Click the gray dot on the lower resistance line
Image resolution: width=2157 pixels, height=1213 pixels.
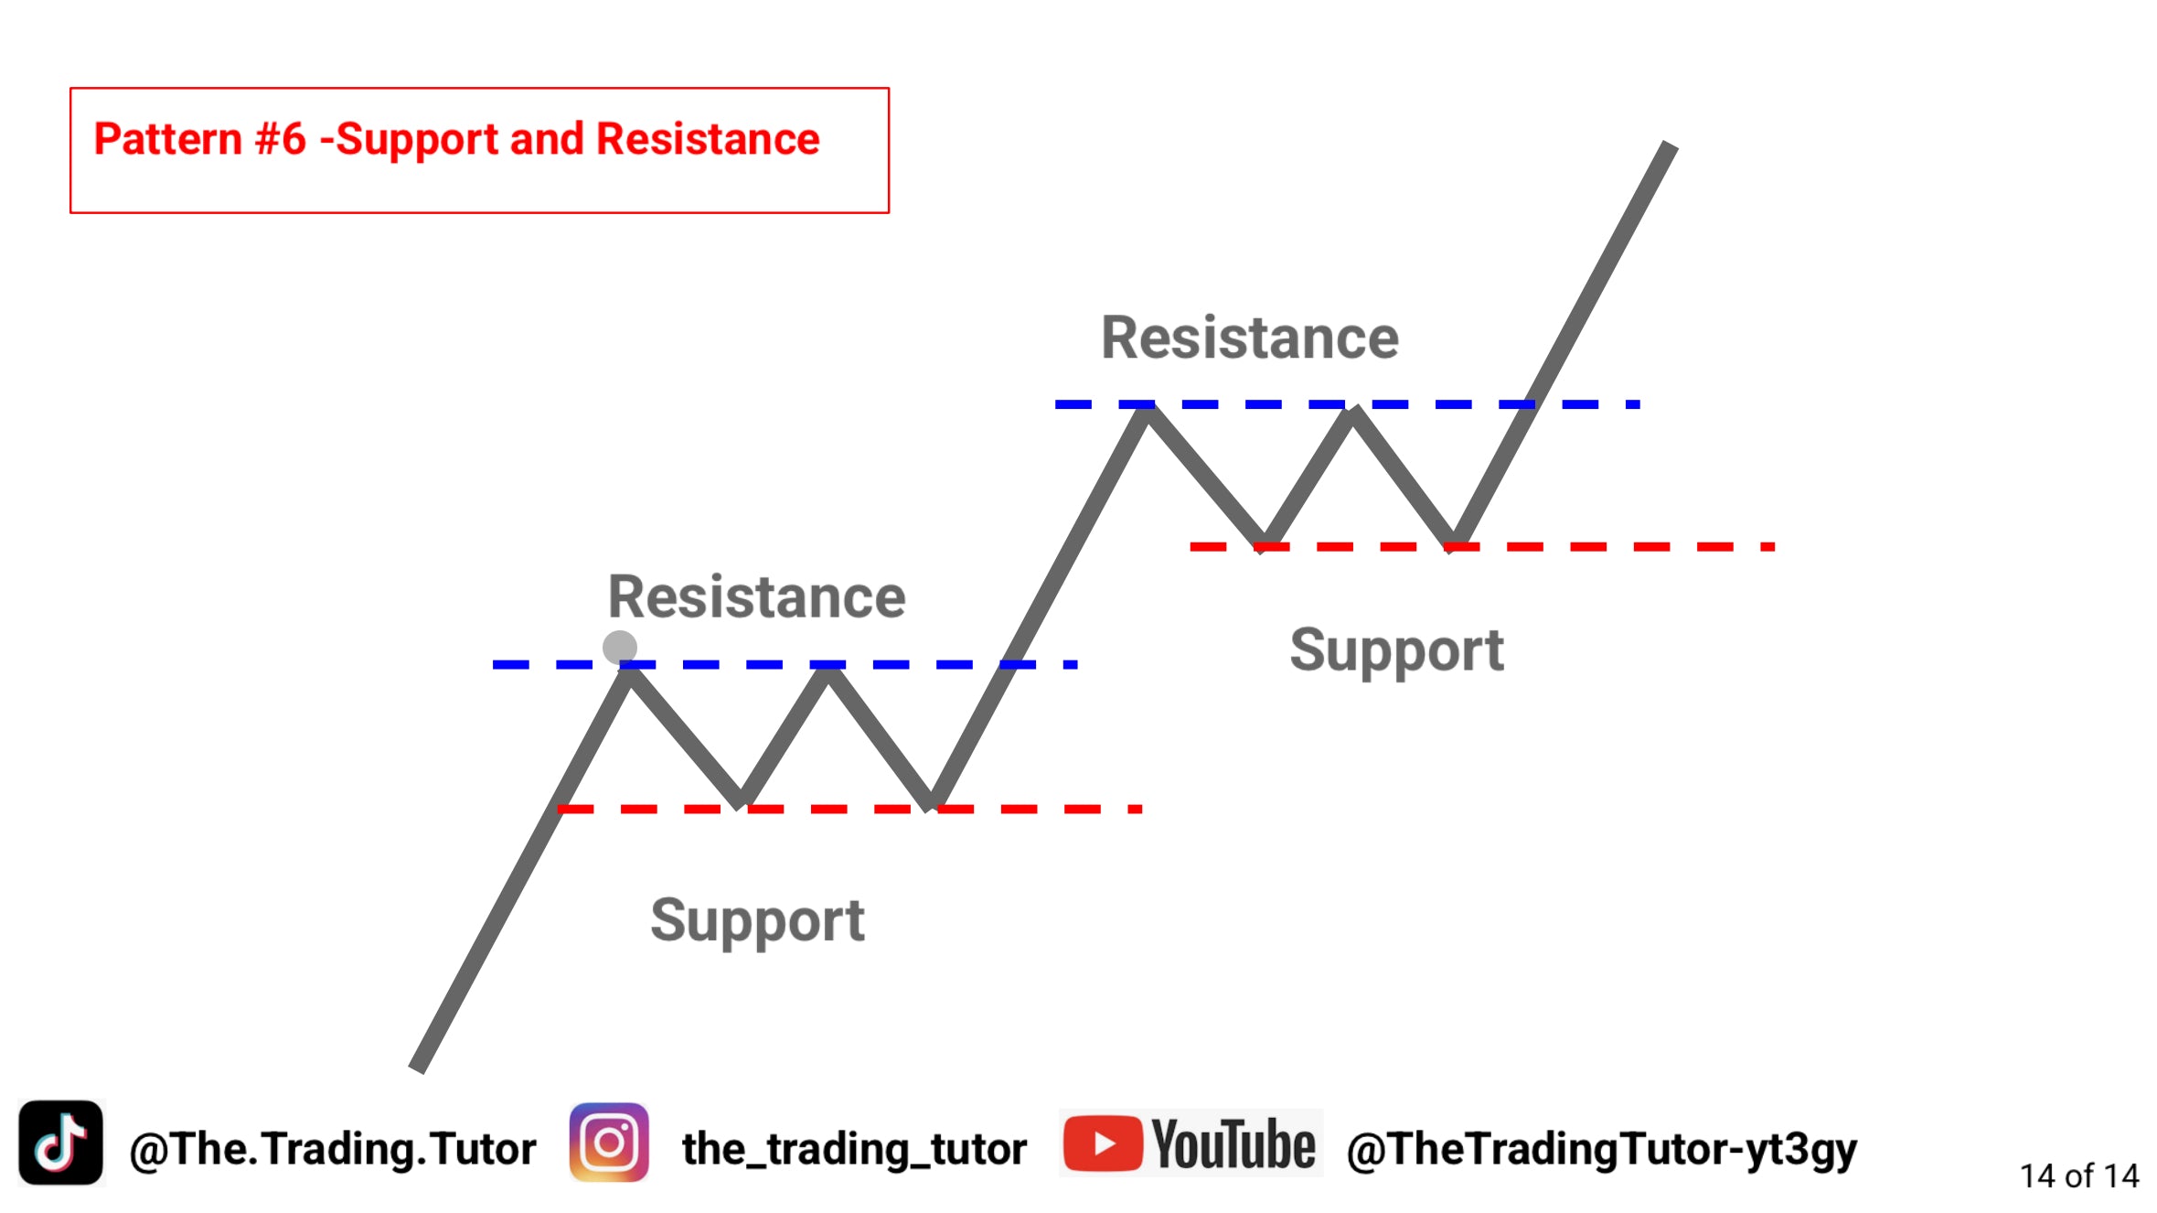pyautogui.click(x=620, y=647)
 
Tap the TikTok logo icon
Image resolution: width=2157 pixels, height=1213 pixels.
pyautogui.click(x=61, y=1143)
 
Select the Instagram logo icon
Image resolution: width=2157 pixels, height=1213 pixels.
pyautogui.click(x=609, y=1143)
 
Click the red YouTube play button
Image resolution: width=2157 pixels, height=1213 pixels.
pyautogui.click(x=1103, y=1143)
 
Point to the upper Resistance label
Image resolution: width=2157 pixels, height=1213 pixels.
pyautogui.click(x=1250, y=338)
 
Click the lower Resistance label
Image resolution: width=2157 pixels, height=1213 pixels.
pyautogui.click(x=757, y=596)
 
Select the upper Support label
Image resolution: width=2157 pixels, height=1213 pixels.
pyautogui.click(x=1396, y=651)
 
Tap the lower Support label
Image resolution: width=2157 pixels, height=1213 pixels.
pyautogui.click(x=757, y=921)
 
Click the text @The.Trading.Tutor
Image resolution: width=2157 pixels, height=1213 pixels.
pyautogui.click(x=333, y=1149)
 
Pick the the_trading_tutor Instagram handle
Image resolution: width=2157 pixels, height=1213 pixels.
pyautogui.click(x=855, y=1149)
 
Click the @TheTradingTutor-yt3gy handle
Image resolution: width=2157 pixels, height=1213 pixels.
pyautogui.click(x=1602, y=1150)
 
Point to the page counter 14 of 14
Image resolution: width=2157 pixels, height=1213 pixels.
pyautogui.click(x=2079, y=1175)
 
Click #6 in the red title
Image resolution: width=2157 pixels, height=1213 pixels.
pyautogui.click(x=281, y=139)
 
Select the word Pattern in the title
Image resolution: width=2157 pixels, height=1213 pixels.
pyautogui.click(x=168, y=139)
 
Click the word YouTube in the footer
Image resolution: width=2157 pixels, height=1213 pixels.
pyautogui.click(x=1233, y=1143)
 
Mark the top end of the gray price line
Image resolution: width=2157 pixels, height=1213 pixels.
pyautogui.click(x=1670, y=145)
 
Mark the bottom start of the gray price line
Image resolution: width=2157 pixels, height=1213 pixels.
pyautogui.click(x=418, y=1068)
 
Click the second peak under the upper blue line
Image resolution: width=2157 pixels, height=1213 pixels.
pyautogui.click(x=1354, y=413)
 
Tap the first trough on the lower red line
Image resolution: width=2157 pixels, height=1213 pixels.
pyautogui.click(x=741, y=802)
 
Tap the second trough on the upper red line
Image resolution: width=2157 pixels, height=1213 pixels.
pyautogui.click(x=1452, y=542)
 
